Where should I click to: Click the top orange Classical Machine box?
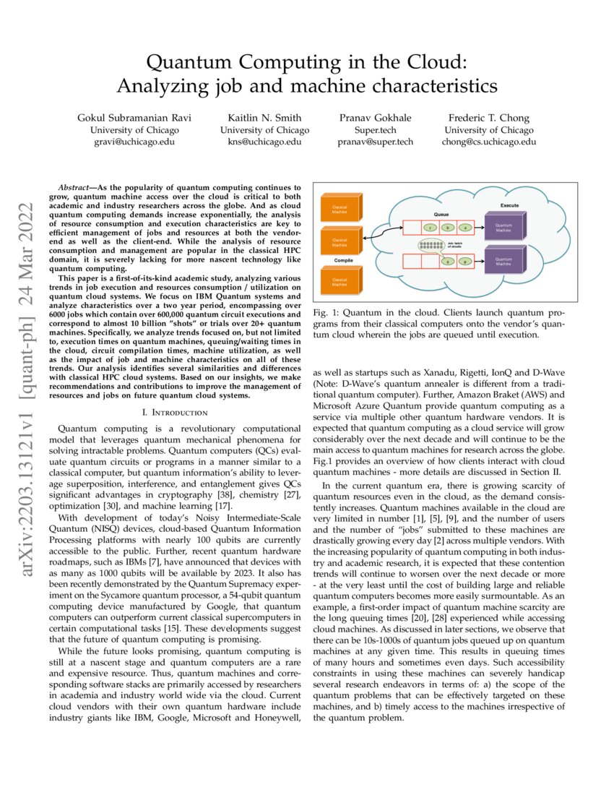[x=339, y=210]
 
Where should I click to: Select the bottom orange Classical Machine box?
[x=339, y=283]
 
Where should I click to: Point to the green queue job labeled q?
[x=449, y=261]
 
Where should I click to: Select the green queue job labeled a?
[x=466, y=228]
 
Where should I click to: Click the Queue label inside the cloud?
[x=441, y=215]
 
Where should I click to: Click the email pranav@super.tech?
[x=376, y=142]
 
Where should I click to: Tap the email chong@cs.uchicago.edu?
[x=489, y=142]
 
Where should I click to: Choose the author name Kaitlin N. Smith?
[x=264, y=118]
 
